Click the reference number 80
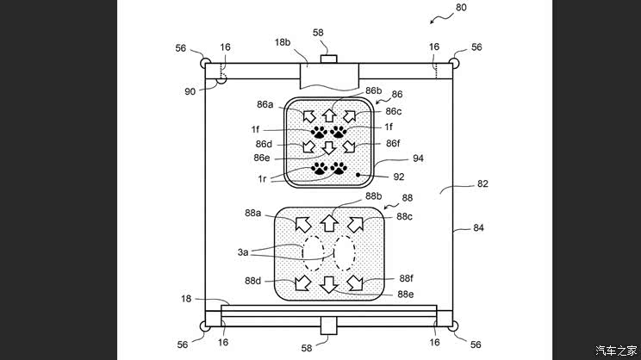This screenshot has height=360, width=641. [461, 8]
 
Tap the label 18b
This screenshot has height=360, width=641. [283, 42]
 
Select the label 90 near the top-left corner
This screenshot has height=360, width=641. [190, 91]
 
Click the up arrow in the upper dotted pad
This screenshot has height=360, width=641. [329, 115]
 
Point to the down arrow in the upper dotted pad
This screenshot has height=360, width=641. [329, 147]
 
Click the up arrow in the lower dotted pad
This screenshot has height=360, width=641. [329, 224]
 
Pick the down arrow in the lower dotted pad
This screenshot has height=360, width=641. [329, 284]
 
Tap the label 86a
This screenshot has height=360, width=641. [264, 104]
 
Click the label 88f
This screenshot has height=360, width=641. [406, 278]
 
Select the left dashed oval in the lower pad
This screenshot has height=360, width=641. [313, 253]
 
